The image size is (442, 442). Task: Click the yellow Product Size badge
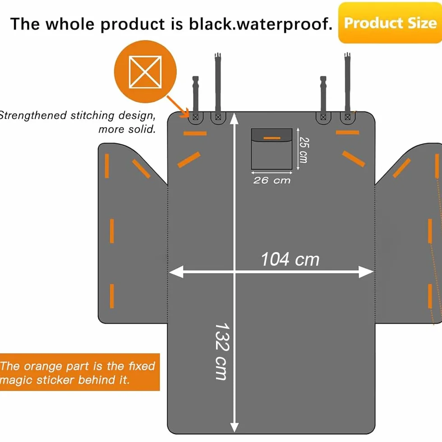(390, 23)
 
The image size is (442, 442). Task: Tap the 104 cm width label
(290, 259)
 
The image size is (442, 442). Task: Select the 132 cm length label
(222, 351)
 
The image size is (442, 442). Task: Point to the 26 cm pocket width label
(272, 180)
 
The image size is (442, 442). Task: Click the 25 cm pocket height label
(304, 150)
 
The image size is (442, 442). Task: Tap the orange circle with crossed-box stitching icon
(145, 72)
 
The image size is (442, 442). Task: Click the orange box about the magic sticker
(80, 372)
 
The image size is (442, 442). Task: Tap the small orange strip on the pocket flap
(272, 138)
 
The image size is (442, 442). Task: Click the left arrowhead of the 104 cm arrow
(176, 272)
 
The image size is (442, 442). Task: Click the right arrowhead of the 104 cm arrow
(366, 272)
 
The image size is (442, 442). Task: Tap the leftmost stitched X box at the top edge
(195, 117)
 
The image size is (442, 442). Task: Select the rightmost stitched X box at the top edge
(348, 117)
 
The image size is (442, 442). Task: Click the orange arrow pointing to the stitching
(178, 106)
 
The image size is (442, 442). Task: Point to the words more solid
(127, 129)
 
